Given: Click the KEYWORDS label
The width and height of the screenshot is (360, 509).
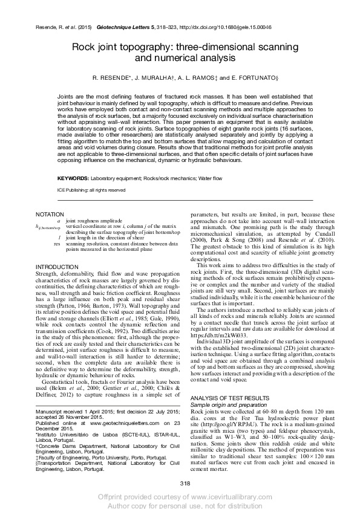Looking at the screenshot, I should point(73,179).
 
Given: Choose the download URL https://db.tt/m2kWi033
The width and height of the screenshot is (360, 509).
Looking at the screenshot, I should point(220,351).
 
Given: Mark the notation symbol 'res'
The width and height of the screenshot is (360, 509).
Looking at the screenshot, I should point(57,243).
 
